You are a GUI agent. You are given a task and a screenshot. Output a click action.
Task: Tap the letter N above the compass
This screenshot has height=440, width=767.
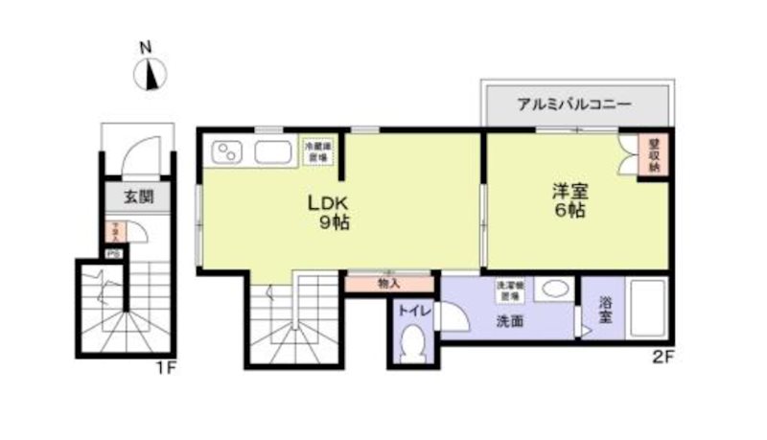click(146, 46)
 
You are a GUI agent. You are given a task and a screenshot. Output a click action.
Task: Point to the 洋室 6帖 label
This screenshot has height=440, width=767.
click(569, 199)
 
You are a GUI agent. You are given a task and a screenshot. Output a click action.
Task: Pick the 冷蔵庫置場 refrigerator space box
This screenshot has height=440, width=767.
click(317, 151)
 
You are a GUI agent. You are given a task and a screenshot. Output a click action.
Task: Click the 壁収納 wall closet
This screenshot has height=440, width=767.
click(654, 153)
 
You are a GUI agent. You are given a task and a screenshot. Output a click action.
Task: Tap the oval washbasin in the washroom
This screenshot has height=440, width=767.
click(554, 289)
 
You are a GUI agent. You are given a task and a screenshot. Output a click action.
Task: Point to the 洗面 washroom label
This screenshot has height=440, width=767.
click(509, 322)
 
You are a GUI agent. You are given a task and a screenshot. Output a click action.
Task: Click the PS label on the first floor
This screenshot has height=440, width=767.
click(112, 254)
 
